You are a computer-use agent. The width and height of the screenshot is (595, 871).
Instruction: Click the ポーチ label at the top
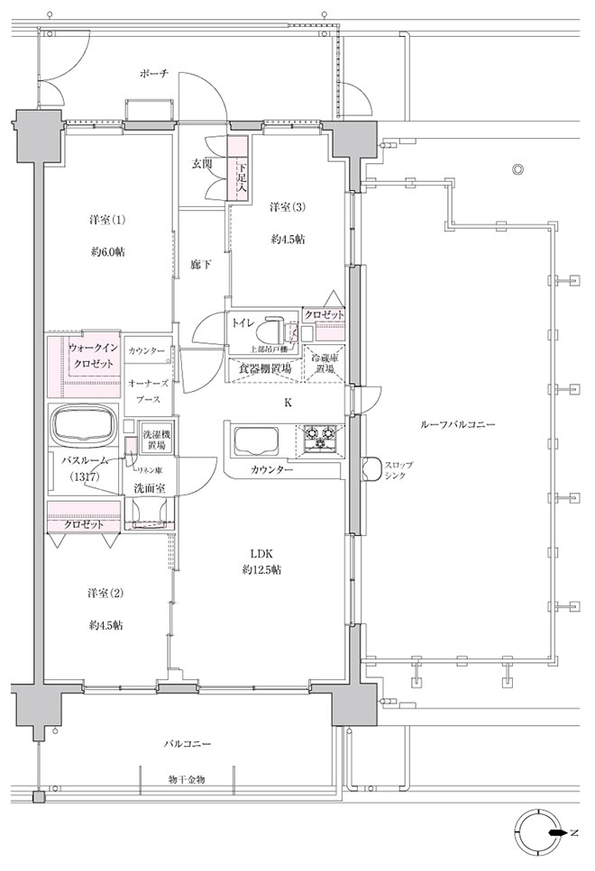[x=153, y=73]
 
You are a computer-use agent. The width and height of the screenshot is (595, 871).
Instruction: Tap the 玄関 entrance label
[x=201, y=164]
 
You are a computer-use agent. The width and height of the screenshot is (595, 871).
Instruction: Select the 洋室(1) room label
[x=106, y=221]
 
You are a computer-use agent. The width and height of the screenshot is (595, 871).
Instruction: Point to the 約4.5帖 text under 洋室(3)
[x=287, y=240]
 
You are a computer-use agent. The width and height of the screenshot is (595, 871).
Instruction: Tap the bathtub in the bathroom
[x=83, y=424]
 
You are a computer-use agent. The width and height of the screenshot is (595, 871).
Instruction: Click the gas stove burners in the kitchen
[x=320, y=439]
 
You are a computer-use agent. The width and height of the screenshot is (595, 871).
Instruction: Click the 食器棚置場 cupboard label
[x=264, y=368]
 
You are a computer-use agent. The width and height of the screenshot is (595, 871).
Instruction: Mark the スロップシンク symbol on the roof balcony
[x=370, y=468]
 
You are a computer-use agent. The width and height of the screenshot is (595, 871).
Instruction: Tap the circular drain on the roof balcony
[x=517, y=169]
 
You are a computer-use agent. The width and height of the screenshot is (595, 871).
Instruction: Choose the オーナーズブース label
[x=148, y=388]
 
